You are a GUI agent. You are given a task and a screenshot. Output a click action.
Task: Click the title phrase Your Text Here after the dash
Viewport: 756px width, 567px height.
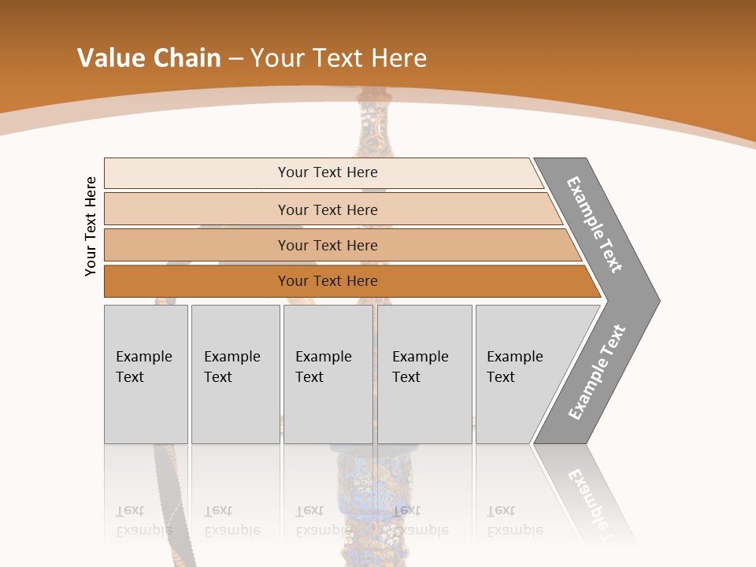[x=339, y=58]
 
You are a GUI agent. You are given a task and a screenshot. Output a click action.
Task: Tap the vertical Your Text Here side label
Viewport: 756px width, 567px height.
[x=91, y=226]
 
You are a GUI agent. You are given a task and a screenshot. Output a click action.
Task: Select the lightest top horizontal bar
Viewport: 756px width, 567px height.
[x=327, y=172]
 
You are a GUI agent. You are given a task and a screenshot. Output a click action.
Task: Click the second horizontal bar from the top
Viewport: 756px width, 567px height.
[x=327, y=209]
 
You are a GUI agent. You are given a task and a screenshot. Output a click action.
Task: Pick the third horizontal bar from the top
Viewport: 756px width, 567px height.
[x=327, y=245]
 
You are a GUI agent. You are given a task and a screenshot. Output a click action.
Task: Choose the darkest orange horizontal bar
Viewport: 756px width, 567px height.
[x=327, y=281]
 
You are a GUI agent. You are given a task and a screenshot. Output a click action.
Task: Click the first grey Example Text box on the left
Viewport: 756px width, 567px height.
[x=146, y=374]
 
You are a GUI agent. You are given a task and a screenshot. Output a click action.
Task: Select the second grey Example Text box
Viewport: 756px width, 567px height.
[x=235, y=374]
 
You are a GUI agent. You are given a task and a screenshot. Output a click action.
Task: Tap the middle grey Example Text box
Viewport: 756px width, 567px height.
[x=328, y=374]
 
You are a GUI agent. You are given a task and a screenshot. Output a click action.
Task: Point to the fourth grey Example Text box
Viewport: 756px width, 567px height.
[x=424, y=374]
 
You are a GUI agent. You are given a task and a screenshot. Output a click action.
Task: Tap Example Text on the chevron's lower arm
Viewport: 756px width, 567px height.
[x=597, y=372]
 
